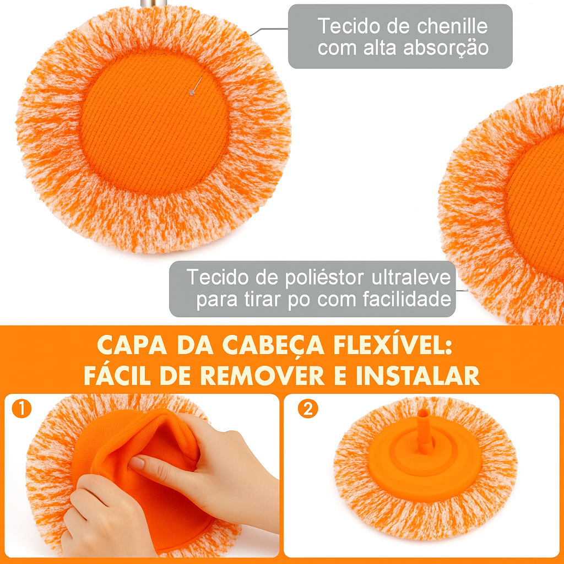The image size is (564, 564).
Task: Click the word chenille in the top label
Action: point(453,26)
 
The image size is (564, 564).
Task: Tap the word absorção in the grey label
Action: point(446,48)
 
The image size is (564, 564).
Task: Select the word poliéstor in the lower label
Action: point(325,278)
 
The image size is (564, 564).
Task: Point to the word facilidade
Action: point(407,299)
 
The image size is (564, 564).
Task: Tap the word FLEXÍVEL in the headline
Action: point(392,345)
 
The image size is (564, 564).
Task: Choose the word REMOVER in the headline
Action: point(262,376)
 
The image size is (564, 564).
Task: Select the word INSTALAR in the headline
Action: point(417,376)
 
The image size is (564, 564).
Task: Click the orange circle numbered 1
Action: point(21,409)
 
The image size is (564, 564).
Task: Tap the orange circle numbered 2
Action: point(308,409)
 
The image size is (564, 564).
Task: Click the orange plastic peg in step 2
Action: point(424,431)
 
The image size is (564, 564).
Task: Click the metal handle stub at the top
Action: point(154,3)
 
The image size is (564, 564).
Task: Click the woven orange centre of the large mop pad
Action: point(155,122)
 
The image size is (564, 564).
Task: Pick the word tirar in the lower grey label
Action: point(263,299)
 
